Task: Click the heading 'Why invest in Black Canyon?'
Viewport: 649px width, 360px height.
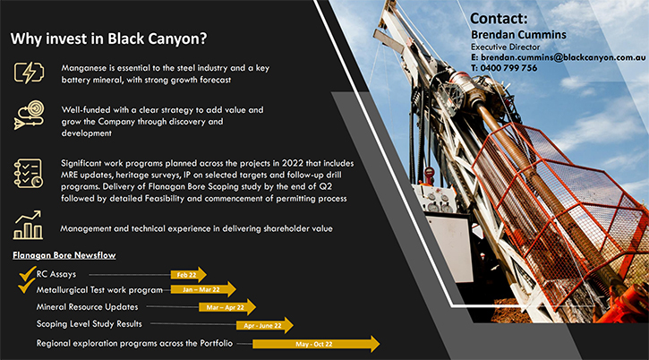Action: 108,39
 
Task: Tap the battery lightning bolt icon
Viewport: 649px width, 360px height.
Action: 29,73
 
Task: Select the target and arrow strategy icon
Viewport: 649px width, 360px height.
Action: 29,115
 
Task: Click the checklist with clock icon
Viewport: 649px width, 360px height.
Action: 28,173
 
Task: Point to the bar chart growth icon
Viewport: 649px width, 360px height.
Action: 28,225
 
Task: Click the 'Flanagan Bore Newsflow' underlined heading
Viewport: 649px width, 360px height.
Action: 64,255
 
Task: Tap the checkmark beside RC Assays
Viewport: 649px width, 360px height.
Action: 28,273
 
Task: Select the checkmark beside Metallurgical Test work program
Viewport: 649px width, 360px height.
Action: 26,286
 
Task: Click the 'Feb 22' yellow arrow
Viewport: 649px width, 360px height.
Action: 189,275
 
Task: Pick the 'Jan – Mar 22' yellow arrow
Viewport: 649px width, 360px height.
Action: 203,289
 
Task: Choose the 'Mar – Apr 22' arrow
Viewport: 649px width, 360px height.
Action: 227,307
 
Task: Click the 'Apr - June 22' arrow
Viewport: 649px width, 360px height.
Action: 265,326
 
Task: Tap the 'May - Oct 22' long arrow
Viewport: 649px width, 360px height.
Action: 316,344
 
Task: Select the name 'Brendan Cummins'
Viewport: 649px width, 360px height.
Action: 518,34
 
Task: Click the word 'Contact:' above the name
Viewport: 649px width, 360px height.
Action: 500,18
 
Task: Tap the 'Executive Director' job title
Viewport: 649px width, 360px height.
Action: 506,47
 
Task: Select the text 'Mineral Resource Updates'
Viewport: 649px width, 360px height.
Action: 88,307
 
